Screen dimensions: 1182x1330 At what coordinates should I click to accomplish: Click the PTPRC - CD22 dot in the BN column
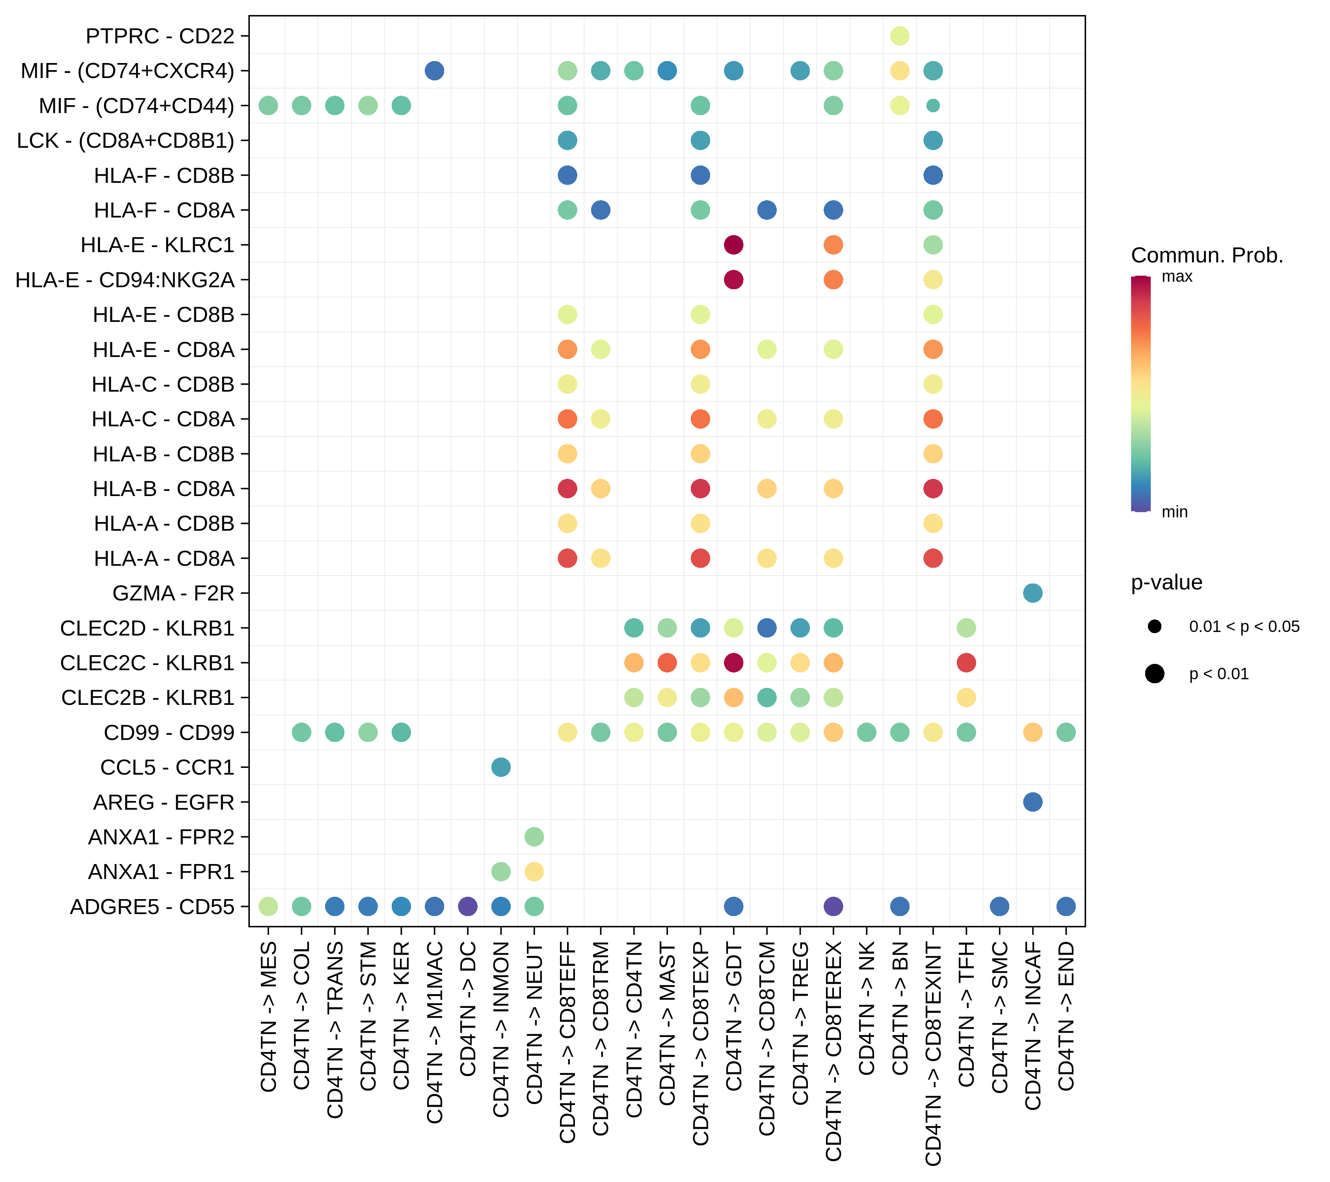[x=899, y=36]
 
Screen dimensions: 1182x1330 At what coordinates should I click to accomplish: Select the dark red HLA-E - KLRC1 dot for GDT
[x=733, y=245]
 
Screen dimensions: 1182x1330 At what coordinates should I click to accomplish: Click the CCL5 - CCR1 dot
[x=500, y=767]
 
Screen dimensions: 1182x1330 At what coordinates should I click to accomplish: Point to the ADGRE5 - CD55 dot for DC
[x=467, y=906]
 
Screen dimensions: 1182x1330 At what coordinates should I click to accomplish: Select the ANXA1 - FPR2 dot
[x=534, y=836]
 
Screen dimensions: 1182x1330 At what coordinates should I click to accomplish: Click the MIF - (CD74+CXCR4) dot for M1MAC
[x=434, y=70]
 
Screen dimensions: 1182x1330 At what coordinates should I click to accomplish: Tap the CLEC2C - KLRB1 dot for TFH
[x=966, y=663]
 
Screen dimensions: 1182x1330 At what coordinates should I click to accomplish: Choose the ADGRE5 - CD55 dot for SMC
[x=999, y=906]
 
